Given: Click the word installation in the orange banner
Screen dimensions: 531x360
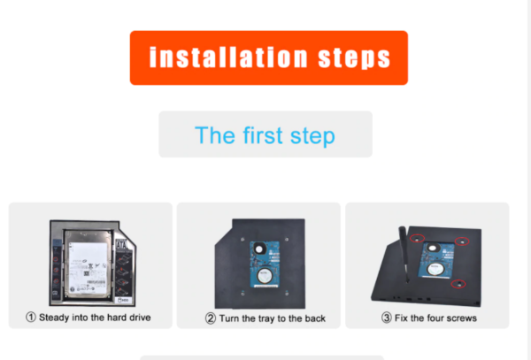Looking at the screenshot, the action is click(228, 57).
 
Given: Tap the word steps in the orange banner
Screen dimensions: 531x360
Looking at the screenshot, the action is click(354, 58).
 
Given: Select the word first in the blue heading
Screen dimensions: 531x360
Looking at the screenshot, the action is click(263, 135).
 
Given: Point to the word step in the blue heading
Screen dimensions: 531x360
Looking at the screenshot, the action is click(312, 137).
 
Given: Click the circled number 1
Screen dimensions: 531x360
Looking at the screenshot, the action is click(31, 317).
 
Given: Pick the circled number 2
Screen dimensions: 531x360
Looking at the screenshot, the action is click(211, 318).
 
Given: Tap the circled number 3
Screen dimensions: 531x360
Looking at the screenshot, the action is click(387, 318).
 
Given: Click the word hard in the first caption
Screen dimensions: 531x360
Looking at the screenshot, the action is click(116, 317).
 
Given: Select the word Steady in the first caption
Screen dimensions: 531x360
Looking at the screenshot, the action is click(54, 318).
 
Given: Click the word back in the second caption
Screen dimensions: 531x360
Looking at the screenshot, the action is click(314, 318).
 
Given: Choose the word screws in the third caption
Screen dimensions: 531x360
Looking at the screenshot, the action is click(462, 318).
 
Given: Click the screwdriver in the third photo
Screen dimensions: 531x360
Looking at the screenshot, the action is click(404, 253).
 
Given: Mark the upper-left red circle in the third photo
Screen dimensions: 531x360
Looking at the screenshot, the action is click(417, 239).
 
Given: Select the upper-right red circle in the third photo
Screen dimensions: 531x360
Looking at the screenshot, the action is click(462, 241).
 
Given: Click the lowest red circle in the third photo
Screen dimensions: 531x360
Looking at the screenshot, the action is click(458, 284).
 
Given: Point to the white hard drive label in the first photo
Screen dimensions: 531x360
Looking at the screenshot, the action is click(88, 267).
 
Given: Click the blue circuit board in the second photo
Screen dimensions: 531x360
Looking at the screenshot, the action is click(265, 264).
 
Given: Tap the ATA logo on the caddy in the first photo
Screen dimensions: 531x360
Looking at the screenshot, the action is click(121, 244).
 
